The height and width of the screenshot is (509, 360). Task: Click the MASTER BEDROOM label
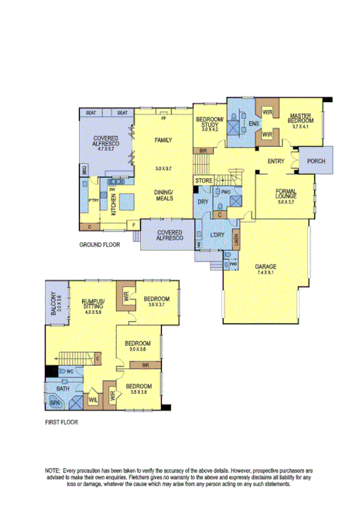click(x=297, y=118)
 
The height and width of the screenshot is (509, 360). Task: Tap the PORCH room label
click(x=316, y=161)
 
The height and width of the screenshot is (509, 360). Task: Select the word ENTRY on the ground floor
click(x=275, y=161)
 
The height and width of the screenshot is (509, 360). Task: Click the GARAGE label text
click(x=266, y=266)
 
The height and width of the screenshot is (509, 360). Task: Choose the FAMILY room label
click(x=163, y=140)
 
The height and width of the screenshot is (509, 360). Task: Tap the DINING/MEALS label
click(x=163, y=194)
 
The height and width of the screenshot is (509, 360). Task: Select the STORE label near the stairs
click(x=204, y=180)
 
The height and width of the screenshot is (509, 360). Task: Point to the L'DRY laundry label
click(x=217, y=234)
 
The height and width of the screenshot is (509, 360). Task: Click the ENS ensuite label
click(x=253, y=123)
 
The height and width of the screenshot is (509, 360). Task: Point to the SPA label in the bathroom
click(x=55, y=404)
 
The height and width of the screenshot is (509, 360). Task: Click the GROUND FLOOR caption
click(x=101, y=244)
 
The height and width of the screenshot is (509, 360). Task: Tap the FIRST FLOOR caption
click(x=61, y=422)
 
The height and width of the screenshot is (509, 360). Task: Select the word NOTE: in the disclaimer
click(x=53, y=470)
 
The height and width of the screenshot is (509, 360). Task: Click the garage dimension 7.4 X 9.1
click(x=266, y=272)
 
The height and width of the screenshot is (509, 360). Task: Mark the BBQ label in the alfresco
click(x=83, y=169)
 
